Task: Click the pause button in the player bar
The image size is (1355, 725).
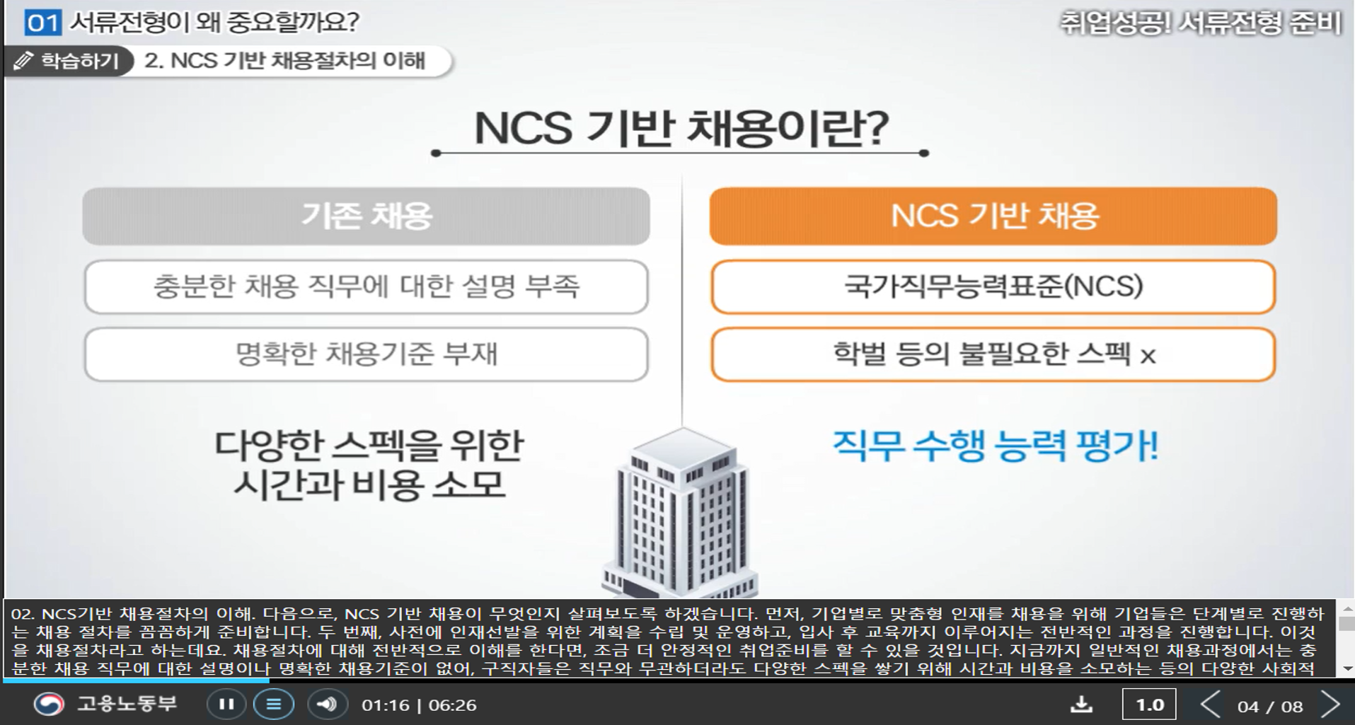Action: point(226,704)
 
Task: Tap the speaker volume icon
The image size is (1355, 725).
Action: point(326,704)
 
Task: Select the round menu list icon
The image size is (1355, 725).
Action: point(274,704)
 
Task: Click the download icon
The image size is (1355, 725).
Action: point(1081,704)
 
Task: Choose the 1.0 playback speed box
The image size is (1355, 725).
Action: point(1149,704)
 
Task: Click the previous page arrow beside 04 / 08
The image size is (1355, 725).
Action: point(1211,704)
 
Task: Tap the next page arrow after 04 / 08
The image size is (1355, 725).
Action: point(1331,704)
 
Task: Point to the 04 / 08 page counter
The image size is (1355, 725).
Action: point(1270,706)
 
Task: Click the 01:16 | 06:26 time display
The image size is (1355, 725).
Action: point(419,705)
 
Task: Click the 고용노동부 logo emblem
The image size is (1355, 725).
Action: point(50,704)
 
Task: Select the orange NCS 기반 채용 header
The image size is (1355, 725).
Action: point(993,216)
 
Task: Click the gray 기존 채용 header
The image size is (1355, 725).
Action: point(366,216)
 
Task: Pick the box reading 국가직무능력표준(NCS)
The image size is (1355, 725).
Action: point(993,286)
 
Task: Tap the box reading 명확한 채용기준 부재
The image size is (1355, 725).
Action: point(366,354)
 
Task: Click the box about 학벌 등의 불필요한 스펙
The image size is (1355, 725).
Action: point(993,354)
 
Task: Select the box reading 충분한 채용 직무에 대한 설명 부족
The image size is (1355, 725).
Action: point(366,286)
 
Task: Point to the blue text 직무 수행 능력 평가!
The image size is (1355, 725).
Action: point(995,446)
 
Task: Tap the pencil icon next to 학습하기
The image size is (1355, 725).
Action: point(23,61)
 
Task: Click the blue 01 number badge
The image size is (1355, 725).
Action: point(42,23)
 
